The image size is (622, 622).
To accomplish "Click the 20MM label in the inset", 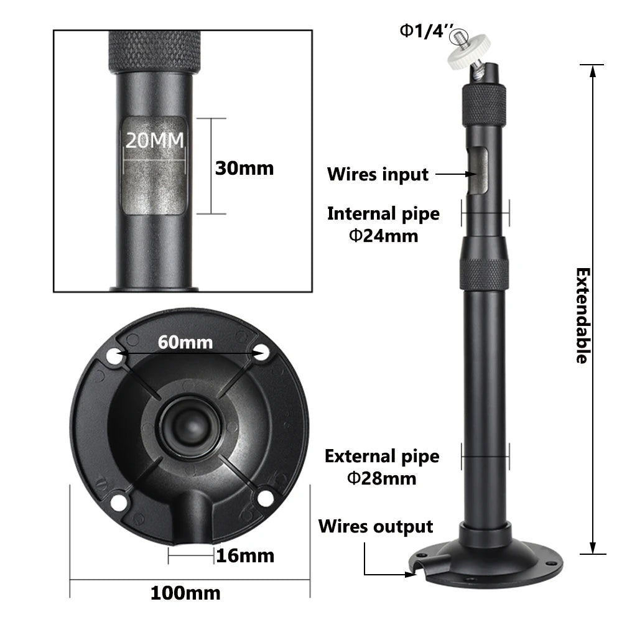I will pyautogui.click(x=155, y=140).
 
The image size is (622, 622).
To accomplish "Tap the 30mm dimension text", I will pyautogui.click(x=244, y=167).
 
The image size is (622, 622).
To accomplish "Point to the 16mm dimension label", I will pyautogui.click(x=244, y=555).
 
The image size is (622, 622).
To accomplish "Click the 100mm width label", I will pyautogui.click(x=185, y=593).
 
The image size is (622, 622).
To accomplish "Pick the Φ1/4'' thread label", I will pyautogui.click(x=423, y=31).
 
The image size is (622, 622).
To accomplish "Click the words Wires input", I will pyautogui.click(x=378, y=175).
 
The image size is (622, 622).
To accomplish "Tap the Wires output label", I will pyautogui.click(x=376, y=527).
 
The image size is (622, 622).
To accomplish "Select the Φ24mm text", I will pyautogui.click(x=383, y=235).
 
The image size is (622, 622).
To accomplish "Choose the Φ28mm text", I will pyautogui.click(x=382, y=478).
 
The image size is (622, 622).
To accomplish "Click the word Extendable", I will pyautogui.click(x=582, y=315).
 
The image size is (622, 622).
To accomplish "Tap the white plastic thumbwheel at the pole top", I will pyautogui.click(x=471, y=58).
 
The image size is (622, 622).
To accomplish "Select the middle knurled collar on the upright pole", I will pyautogui.click(x=484, y=274).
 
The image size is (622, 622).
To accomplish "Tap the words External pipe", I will pyautogui.click(x=382, y=456).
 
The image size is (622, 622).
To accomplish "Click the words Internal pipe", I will pyautogui.click(x=383, y=214).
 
